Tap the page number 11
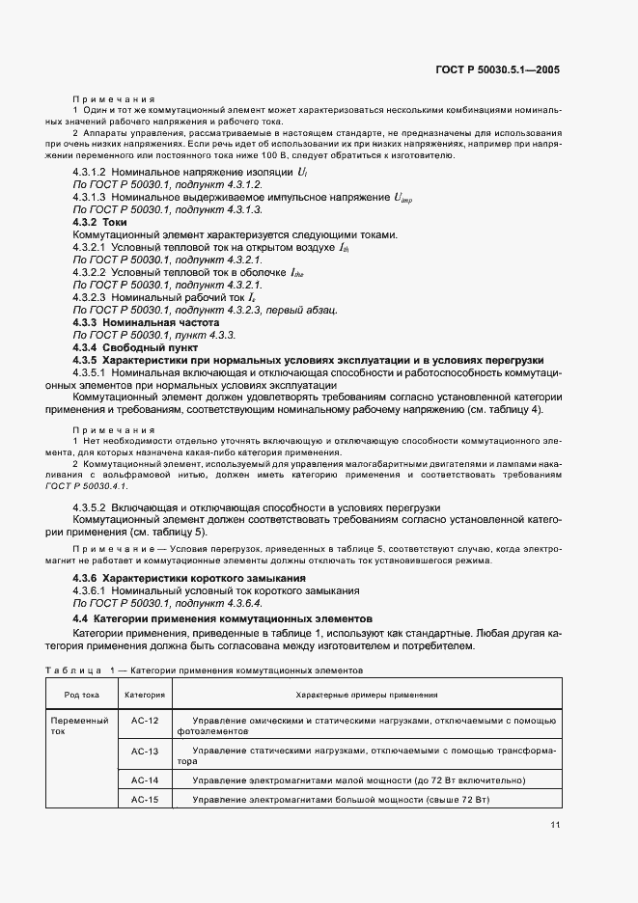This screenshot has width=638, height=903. click(x=555, y=825)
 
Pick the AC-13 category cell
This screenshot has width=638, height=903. click(x=144, y=751)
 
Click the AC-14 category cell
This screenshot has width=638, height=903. click(x=144, y=780)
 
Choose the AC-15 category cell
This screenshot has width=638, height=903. click(x=144, y=800)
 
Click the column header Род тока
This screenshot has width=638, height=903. click(x=81, y=694)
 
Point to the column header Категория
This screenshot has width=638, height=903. click(x=145, y=694)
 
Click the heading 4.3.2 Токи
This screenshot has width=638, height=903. click(x=100, y=222)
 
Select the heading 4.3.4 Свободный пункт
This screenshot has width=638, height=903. click(x=135, y=346)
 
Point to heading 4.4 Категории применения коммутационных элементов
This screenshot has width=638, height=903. click(x=221, y=616)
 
